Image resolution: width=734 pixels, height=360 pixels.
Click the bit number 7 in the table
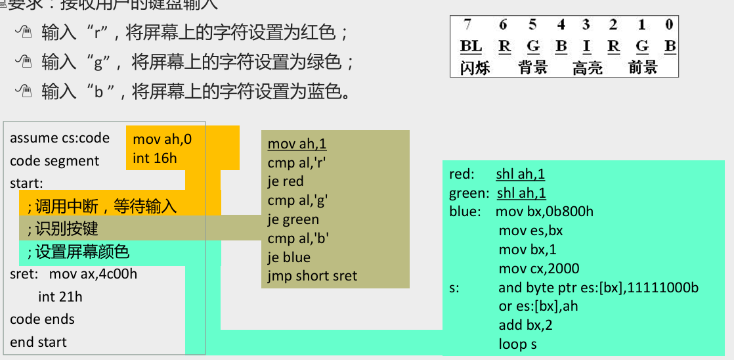pos(467,25)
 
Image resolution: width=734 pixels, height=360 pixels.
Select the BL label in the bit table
pos(470,46)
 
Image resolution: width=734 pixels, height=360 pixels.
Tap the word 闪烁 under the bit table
pos(475,67)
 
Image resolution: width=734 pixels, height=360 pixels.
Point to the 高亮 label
pos(587,67)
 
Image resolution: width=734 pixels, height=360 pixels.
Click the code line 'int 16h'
pos(155,158)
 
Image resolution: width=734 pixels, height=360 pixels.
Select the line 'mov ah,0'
pos(162,139)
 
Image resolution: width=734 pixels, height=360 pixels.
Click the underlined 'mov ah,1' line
pos(297,144)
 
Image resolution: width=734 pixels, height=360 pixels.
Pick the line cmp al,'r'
pos(297,163)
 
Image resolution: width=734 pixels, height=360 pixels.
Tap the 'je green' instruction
pos(293,219)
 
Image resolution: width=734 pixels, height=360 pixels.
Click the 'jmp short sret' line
pos(313,276)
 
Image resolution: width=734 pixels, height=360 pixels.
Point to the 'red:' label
pos(462,174)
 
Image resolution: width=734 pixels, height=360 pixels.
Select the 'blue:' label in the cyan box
pos(464,212)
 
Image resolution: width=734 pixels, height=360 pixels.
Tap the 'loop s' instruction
pos(518,344)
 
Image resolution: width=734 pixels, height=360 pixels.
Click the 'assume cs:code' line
pos(60,139)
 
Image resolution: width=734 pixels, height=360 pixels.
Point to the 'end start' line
pos(38,342)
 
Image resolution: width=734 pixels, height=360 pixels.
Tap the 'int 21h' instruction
pos(60,297)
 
